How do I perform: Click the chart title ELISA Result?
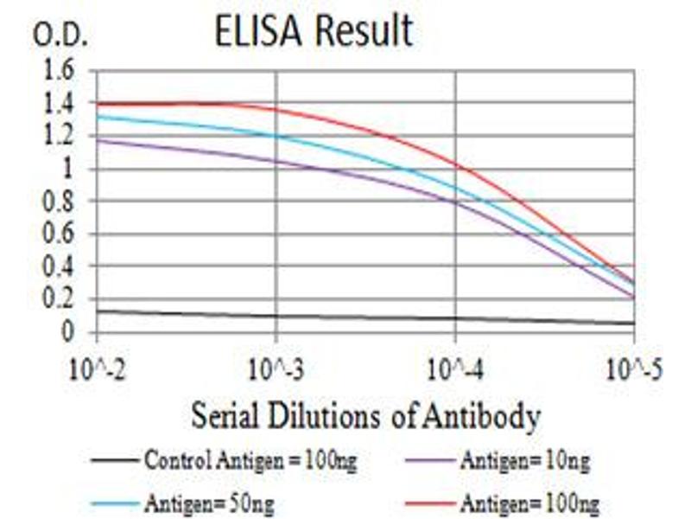[314, 32]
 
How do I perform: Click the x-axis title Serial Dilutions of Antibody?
[365, 417]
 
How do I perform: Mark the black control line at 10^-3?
[276, 316]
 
